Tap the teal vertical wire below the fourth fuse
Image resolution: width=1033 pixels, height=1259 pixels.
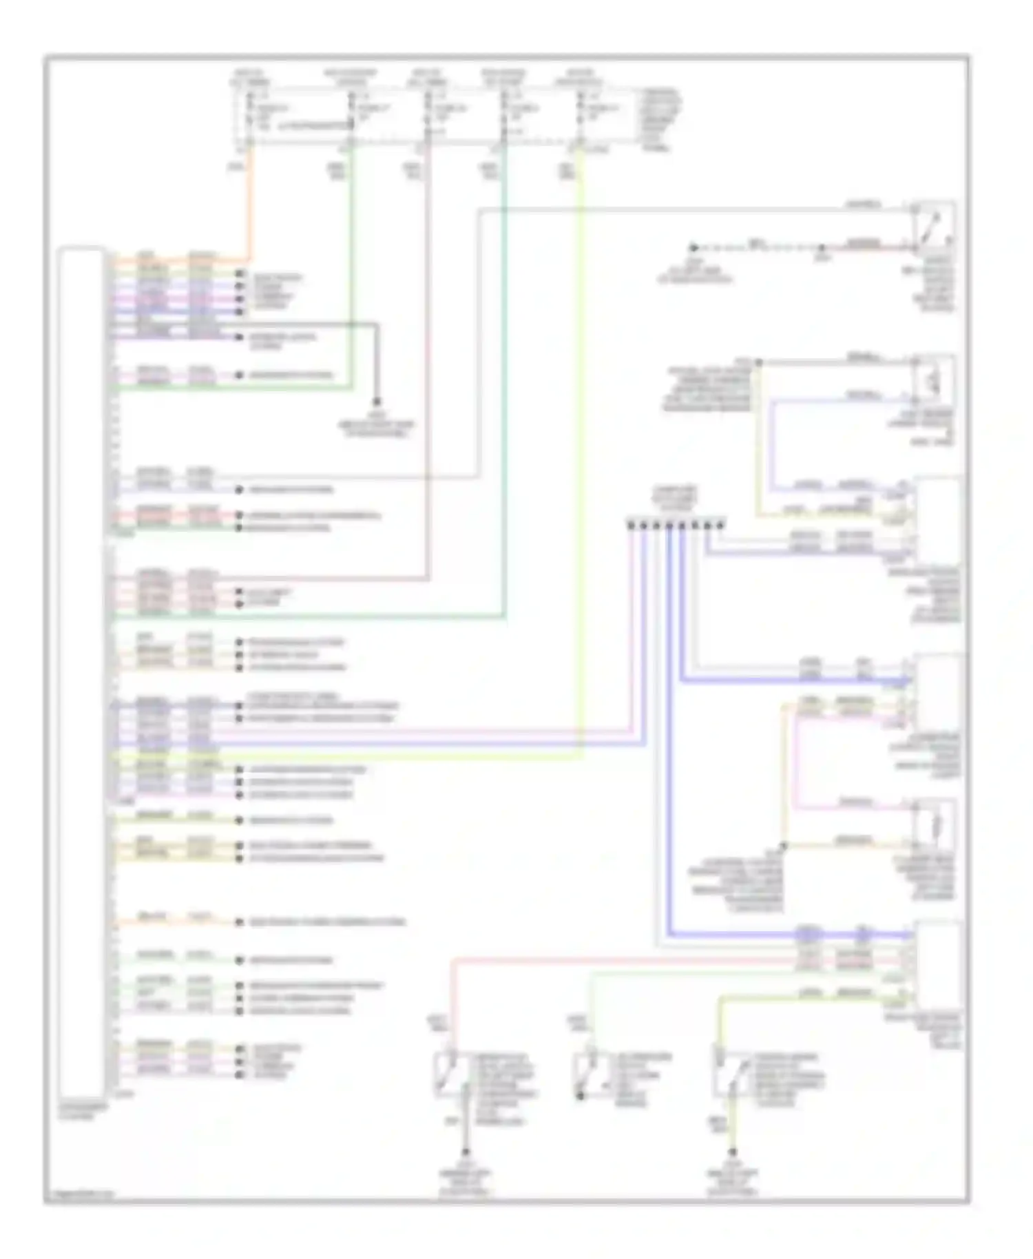pyautogui.click(x=505, y=413)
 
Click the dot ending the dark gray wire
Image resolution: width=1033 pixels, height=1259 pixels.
pyautogui.click(x=377, y=401)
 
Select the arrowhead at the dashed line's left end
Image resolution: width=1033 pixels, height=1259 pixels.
pyautogui.click(x=694, y=247)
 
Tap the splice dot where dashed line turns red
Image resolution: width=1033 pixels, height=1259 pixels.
pyautogui.click(x=821, y=247)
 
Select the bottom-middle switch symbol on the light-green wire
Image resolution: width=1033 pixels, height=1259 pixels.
pyautogui.click(x=587, y=1073)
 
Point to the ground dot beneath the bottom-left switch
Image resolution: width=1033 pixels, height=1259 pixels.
pyautogui.click(x=466, y=1152)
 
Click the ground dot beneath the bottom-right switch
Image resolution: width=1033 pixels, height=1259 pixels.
pyautogui.click(x=733, y=1152)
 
